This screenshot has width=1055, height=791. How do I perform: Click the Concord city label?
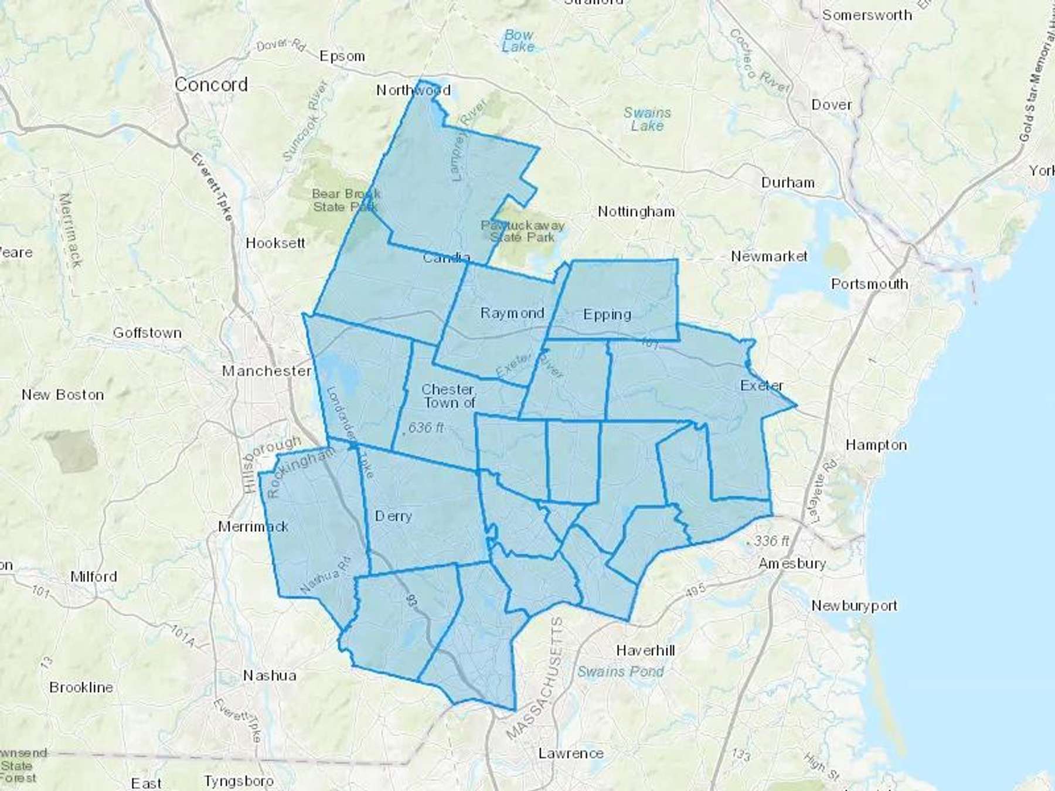pos(211,85)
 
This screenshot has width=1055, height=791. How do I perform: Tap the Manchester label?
pos(267,371)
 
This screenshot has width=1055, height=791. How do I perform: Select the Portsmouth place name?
pos(869,284)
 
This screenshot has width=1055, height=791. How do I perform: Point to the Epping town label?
pos(607,315)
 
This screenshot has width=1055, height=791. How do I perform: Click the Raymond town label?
pos(512,313)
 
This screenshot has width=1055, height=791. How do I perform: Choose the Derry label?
pos(393,516)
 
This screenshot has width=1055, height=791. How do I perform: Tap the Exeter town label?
pos(761,386)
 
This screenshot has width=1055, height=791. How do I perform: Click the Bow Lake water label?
pos(519,41)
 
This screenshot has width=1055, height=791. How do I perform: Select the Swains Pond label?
pos(620,671)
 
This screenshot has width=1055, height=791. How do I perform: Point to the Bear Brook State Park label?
pos(346,200)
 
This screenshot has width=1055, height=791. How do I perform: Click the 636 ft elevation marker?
pos(426,428)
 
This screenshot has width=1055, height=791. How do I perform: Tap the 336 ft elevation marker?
pos(771,541)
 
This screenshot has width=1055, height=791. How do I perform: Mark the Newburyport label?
pos(853,606)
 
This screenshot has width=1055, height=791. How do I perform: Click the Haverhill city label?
pos(645,650)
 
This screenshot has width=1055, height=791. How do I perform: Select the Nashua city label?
pos(270,676)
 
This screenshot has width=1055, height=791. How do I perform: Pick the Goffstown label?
pos(147,333)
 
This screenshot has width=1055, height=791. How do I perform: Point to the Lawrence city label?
pos(571,754)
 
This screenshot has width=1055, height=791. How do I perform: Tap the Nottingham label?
pos(636,212)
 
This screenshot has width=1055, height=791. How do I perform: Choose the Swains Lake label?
pos(647,119)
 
